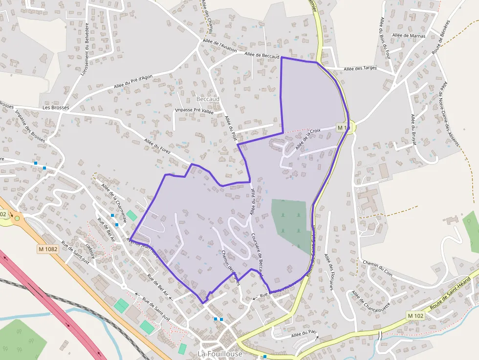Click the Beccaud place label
208,99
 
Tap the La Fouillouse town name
219,353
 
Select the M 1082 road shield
47,249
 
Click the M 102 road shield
416,316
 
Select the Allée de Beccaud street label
261,56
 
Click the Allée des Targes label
360,68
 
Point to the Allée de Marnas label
409,36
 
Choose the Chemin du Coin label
378,265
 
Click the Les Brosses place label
56,107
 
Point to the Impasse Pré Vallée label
194,110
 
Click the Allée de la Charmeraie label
114,202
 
